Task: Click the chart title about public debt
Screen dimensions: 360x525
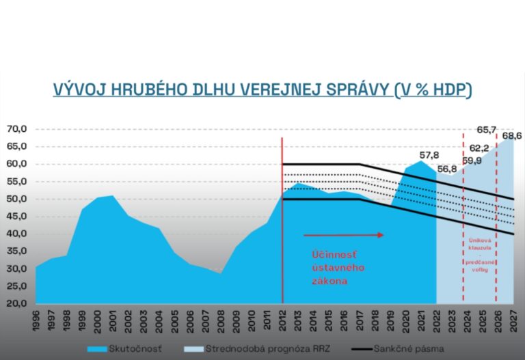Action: pos(262,90)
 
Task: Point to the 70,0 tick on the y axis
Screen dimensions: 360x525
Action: pos(16,129)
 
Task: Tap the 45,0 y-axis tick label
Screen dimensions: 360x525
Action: pos(16,216)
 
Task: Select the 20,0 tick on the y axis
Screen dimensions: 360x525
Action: pos(16,303)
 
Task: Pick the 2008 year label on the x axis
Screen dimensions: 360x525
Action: pos(220,320)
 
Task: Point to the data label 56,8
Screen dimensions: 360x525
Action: pos(448,169)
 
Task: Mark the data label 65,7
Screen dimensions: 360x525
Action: pos(486,130)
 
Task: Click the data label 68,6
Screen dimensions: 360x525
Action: pos(511,136)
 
